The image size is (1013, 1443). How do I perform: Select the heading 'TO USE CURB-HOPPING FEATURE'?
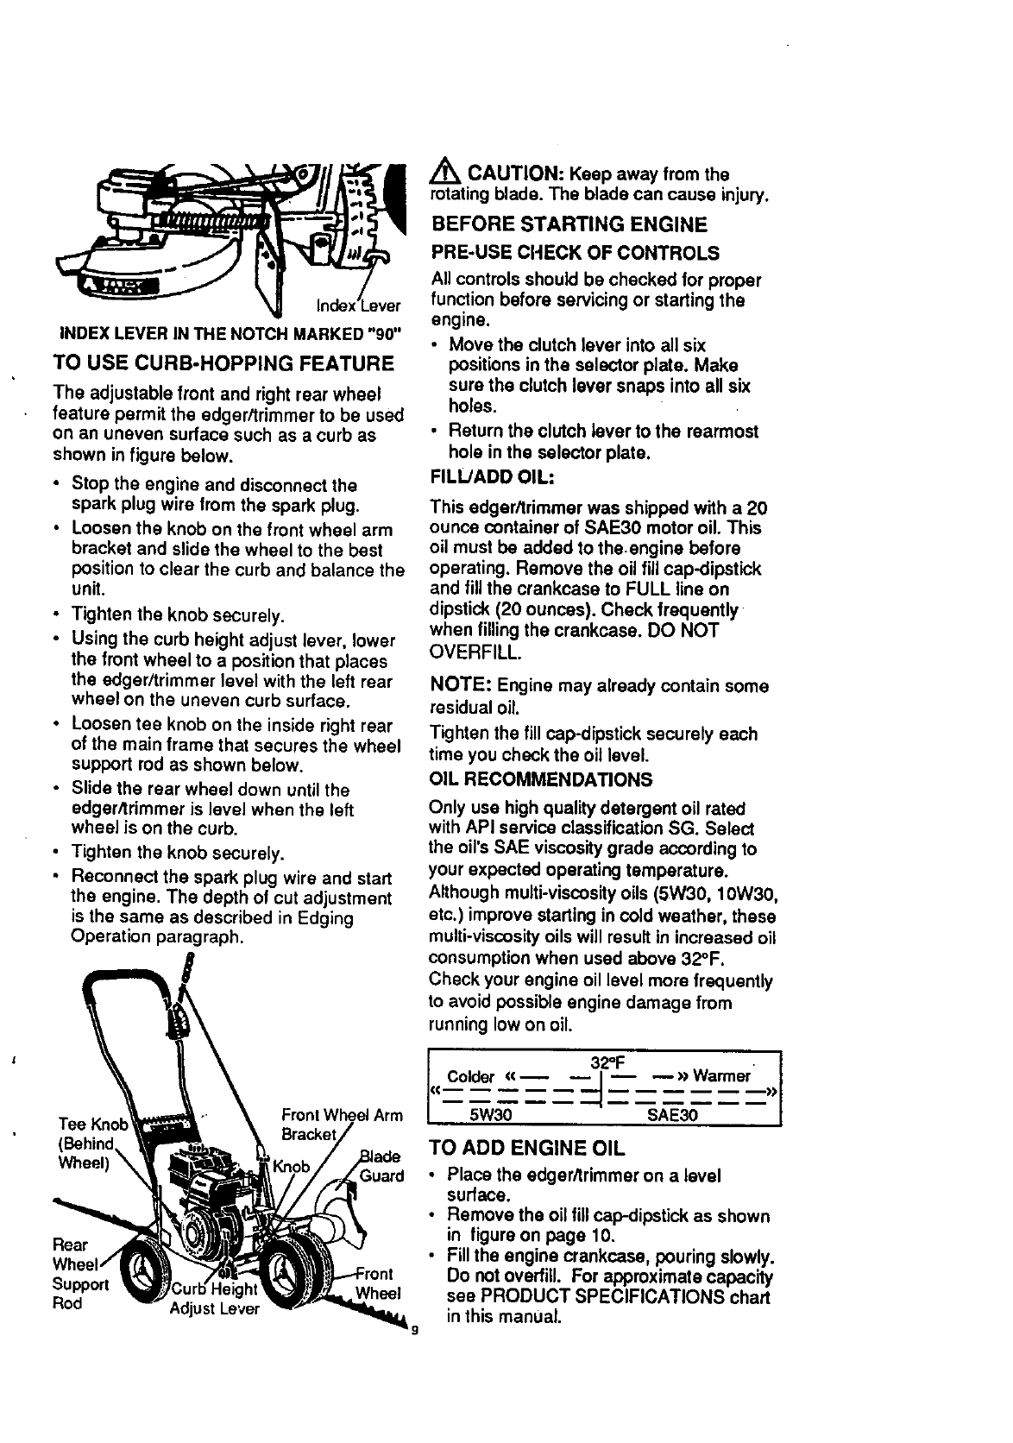[223, 362]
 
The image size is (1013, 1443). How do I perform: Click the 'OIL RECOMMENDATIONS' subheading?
[540, 779]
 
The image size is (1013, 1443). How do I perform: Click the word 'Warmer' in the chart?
[721, 1076]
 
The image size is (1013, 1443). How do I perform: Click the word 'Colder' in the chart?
[470, 1076]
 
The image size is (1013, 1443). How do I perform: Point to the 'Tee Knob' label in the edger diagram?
[92, 1124]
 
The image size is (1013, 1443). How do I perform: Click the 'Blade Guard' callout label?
[380, 1166]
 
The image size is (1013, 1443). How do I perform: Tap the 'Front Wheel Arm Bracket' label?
[341, 1123]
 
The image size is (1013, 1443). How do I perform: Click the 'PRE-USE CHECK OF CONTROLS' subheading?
[574, 253]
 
